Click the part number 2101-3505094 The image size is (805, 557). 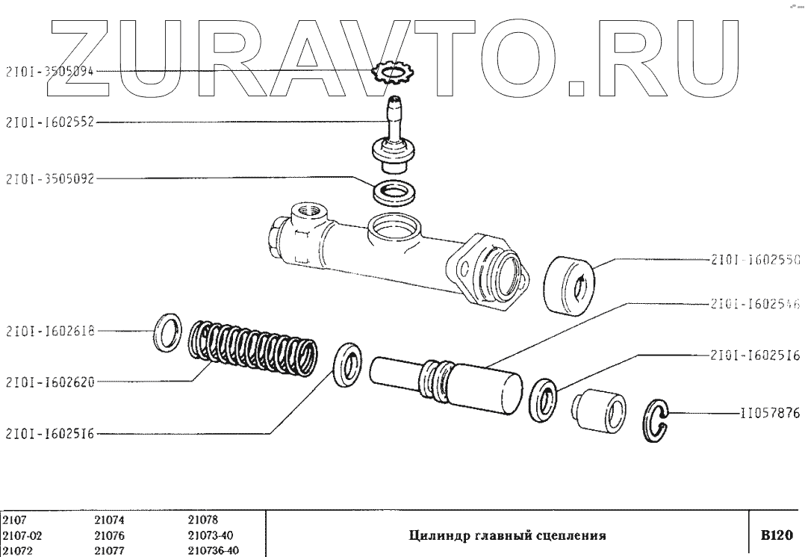pyautogui.click(x=50, y=72)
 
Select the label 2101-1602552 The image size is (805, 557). pyautogui.click(x=50, y=122)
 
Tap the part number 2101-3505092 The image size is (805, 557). pyautogui.click(x=50, y=179)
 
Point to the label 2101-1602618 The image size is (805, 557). pyautogui.click(x=50, y=330)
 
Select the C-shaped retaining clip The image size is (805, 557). pyautogui.click(x=656, y=422)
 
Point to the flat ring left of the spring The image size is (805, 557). pyautogui.click(x=167, y=333)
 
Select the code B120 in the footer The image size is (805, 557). pyautogui.click(x=775, y=535)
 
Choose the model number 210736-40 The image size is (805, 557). pyautogui.click(x=214, y=551)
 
